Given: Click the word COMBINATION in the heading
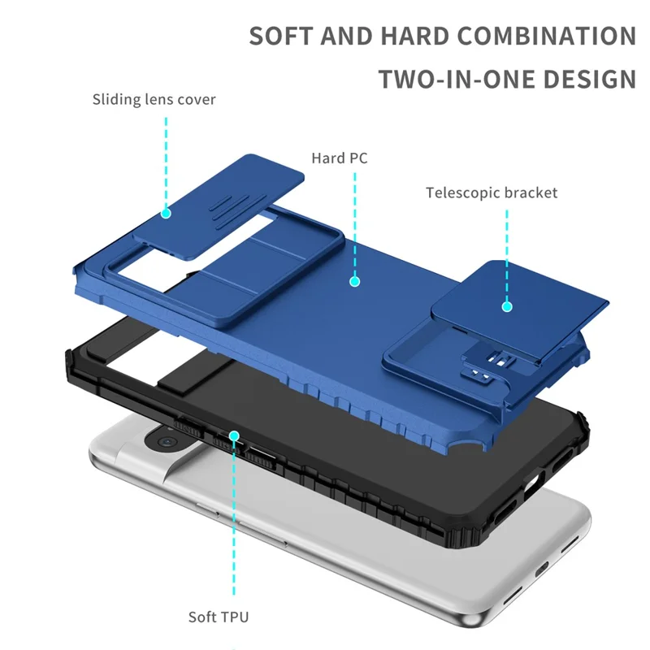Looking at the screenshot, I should pyautogui.click(x=547, y=37).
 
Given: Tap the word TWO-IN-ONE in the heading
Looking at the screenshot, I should pyautogui.click(x=452, y=80).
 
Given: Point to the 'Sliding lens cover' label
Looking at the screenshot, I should pyautogui.click(x=154, y=100).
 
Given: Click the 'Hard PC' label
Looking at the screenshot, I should pyautogui.click(x=340, y=158).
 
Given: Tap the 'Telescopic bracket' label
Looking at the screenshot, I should pyautogui.click(x=492, y=193).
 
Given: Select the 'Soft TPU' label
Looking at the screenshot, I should pyautogui.click(x=219, y=617).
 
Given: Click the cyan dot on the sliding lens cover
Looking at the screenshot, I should pyautogui.click(x=166, y=213).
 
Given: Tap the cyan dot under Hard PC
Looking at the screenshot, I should pyautogui.click(x=355, y=281).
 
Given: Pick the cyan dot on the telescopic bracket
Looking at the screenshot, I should pyautogui.click(x=507, y=307).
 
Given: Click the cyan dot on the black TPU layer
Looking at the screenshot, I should pyautogui.click(x=234, y=436).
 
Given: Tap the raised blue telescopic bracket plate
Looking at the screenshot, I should pyautogui.click(x=520, y=297).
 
